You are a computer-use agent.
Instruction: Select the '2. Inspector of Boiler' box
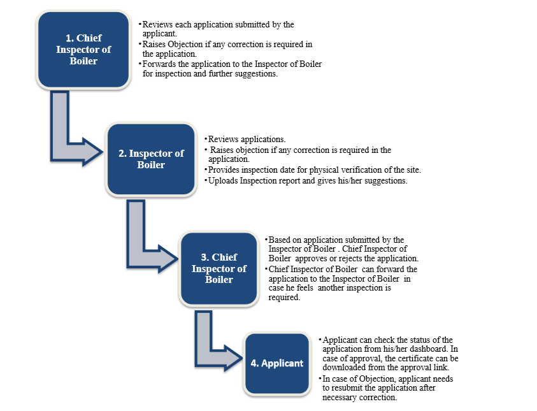(151, 159)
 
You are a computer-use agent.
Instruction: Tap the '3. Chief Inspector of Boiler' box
(218, 268)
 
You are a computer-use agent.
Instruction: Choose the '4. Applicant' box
(276, 363)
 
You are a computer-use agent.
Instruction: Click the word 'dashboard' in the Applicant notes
(436, 349)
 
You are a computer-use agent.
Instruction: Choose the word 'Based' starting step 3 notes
(280, 240)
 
